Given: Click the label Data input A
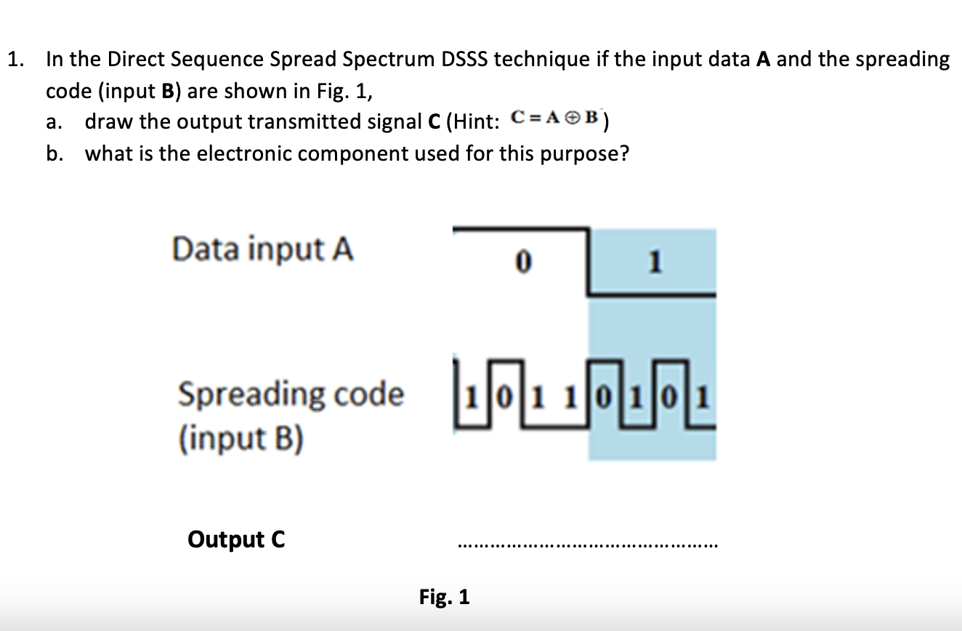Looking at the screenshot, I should click(263, 249).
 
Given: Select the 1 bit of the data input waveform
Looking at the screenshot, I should click(654, 262).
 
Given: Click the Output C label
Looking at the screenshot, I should click(236, 539).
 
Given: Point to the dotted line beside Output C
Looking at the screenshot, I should click(586, 544).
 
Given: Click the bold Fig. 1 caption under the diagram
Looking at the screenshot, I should click(445, 598).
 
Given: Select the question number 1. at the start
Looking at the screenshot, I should click(15, 59).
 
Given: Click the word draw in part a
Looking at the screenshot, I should click(108, 121).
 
